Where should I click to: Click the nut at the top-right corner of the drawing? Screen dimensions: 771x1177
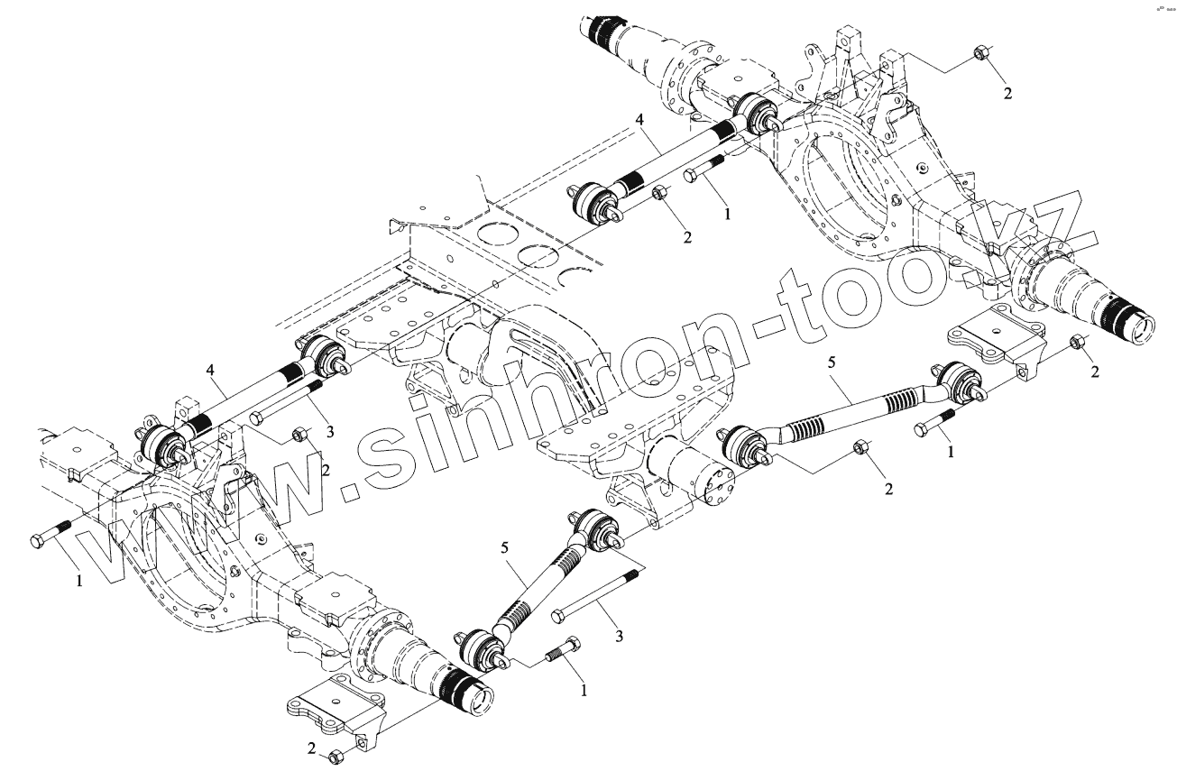(x=980, y=54)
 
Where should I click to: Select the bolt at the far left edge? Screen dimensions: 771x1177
(x=51, y=535)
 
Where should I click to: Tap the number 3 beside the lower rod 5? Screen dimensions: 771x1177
(x=618, y=637)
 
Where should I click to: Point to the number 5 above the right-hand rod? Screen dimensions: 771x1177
(x=832, y=363)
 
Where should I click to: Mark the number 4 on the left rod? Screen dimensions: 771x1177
(x=209, y=370)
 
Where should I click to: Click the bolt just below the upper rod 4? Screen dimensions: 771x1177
(x=706, y=169)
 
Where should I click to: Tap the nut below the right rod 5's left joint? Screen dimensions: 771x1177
(x=860, y=446)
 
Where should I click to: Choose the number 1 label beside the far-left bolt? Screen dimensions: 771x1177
(x=78, y=583)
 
